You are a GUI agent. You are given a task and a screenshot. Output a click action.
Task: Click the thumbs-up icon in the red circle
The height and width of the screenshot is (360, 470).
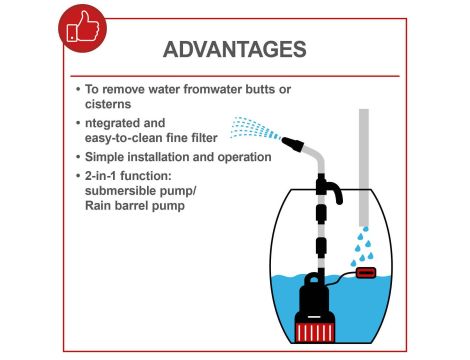pyautogui.click(x=83, y=27)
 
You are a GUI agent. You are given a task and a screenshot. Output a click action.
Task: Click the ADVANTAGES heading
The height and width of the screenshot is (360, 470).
pyautogui.click(x=235, y=49)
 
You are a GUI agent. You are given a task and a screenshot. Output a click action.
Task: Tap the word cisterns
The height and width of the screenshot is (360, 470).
pyautogui.click(x=108, y=104)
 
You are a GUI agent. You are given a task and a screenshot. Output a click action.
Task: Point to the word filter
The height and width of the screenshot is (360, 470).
pyautogui.click(x=205, y=138)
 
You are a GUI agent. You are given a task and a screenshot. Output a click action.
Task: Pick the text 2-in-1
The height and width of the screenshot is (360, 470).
pyautogui.click(x=100, y=176)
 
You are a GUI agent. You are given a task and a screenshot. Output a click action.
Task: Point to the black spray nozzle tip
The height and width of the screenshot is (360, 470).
pyautogui.click(x=293, y=144)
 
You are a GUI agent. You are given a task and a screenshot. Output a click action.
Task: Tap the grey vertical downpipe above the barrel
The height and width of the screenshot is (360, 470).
pyautogui.click(x=364, y=167)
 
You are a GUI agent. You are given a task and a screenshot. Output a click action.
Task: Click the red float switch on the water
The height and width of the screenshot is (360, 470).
pyautogui.click(x=366, y=273)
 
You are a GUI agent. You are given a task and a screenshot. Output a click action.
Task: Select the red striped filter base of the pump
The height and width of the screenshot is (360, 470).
pyautogui.click(x=315, y=332)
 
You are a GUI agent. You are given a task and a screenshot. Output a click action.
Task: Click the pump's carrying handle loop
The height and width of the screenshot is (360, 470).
pyautogui.click(x=313, y=279)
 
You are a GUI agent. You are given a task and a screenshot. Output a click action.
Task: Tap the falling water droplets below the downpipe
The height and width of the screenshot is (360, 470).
pyautogui.click(x=363, y=247)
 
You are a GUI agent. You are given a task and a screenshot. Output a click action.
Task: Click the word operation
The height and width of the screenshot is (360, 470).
pyautogui.click(x=245, y=158)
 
